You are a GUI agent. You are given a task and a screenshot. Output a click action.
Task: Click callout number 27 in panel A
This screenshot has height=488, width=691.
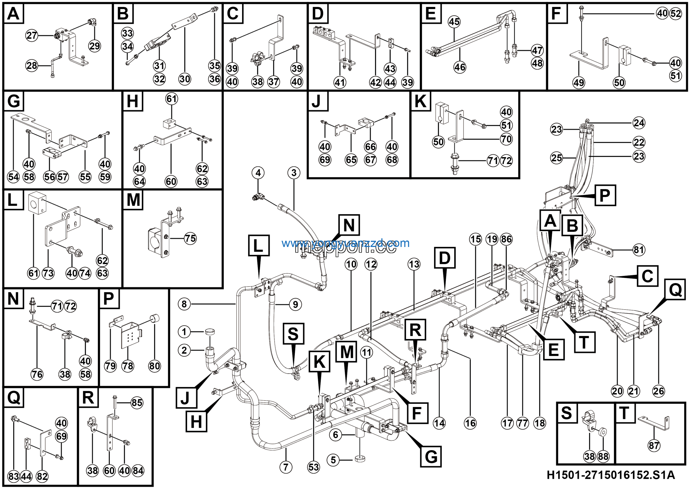coord(31,36)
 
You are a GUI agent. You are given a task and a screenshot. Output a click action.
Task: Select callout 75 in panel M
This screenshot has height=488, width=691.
coord(190,239)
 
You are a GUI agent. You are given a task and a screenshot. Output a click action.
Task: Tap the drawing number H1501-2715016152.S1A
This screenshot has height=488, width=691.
coord(611,475)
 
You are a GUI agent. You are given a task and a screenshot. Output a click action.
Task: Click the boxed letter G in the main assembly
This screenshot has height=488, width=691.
coord(431,456)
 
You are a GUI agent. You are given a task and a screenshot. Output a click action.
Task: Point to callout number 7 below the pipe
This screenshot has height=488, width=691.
coord(286,467)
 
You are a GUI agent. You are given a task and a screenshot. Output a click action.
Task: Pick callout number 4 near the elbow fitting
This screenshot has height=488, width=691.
coord(258,173)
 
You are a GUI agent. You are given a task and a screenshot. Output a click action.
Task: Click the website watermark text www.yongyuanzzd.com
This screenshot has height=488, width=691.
coord(345,243)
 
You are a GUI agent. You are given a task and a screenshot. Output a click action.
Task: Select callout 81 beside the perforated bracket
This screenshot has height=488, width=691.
coord(639,250)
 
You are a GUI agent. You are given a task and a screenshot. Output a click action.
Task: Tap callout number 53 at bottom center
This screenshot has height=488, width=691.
coord(313,467)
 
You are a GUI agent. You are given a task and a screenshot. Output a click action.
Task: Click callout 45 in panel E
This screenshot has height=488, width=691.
coord(454,22)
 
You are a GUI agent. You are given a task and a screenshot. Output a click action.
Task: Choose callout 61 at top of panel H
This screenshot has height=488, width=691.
coord(172,99)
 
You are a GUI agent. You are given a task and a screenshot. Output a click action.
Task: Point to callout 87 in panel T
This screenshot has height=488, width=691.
coord(654,446)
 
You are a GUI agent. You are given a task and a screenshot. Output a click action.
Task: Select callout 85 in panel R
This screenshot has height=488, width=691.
coord(137,402)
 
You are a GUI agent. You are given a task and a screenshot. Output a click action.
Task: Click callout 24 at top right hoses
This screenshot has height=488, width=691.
coord(639,123)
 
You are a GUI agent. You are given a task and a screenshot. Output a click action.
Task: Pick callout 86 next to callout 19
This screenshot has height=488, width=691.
coord(506,239)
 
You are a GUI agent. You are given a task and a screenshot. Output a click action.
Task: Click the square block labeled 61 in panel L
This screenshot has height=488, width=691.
coord(37,202)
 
